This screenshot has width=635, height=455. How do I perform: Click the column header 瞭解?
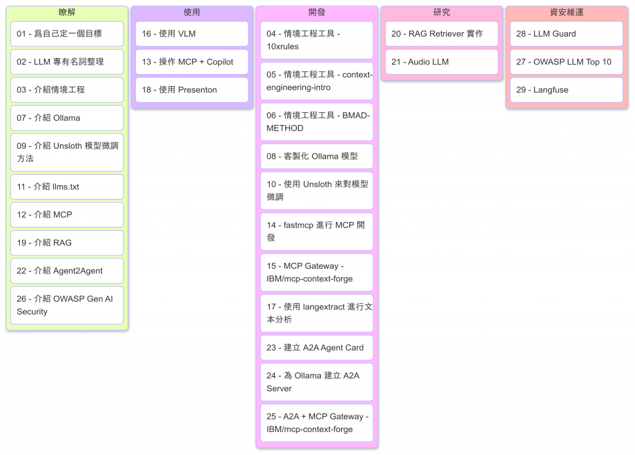tap(67, 12)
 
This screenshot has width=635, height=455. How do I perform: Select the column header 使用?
tap(192, 12)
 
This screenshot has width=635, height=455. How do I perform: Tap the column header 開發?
tap(317, 12)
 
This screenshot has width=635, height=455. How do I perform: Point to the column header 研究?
tap(442, 12)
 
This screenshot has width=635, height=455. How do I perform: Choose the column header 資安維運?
tap(567, 12)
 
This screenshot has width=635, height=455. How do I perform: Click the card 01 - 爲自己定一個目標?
tap(67, 34)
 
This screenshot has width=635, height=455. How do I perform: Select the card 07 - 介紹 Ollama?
tap(67, 118)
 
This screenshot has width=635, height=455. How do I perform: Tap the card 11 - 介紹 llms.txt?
tap(67, 187)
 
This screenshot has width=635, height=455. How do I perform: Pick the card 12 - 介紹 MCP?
tap(67, 214)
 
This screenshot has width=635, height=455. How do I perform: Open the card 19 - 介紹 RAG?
tap(67, 242)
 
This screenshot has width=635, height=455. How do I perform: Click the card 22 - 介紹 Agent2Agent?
tap(67, 271)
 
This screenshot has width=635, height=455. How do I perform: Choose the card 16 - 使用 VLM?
tap(192, 34)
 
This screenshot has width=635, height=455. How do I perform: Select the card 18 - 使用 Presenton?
tap(192, 90)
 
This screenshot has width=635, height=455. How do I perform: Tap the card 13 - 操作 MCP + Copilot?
tap(192, 62)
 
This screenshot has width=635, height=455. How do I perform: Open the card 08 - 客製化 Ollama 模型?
tap(317, 156)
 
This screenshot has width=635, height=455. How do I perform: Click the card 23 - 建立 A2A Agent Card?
tap(317, 348)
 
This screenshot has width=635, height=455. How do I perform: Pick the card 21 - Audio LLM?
tap(442, 62)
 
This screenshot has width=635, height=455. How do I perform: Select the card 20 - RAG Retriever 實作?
tap(442, 34)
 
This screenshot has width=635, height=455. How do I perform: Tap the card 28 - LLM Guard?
tap(567, 34)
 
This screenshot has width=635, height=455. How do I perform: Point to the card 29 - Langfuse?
tap(567, 90)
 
